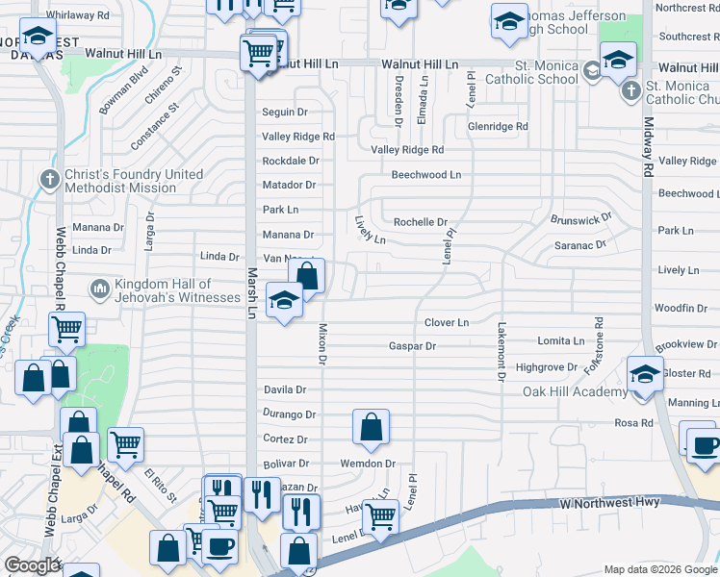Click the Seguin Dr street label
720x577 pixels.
284,113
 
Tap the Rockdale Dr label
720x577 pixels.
290,161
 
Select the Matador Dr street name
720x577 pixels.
289,185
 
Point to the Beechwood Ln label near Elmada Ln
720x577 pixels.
425,175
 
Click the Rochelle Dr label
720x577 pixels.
421,222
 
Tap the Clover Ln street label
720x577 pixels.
446,322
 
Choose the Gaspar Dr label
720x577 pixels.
412,345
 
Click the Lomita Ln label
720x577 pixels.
560,341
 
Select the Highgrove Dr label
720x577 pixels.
546,367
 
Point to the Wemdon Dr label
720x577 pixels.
368,464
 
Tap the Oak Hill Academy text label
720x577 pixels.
574,391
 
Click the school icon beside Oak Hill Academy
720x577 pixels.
644,372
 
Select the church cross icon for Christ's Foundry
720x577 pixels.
50,180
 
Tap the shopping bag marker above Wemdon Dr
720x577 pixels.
371,426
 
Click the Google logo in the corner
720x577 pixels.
32,565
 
